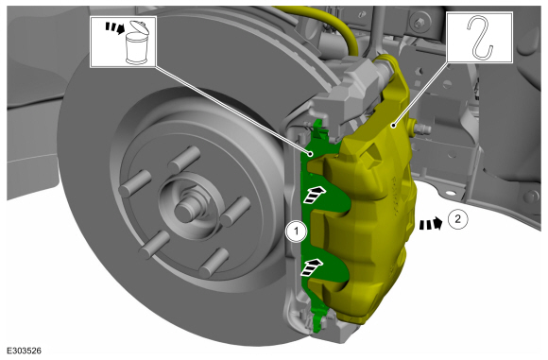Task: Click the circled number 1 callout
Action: [297, 231]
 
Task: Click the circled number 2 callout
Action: [457, 219]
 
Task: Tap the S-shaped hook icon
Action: [480, 38]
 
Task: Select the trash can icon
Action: [137, 43]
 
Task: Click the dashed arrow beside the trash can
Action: [115, 28]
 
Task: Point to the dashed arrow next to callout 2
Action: [431, 223]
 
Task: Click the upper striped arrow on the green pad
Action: [315, 195]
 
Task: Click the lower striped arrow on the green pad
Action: [312, 267]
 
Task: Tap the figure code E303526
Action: [24, 351]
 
